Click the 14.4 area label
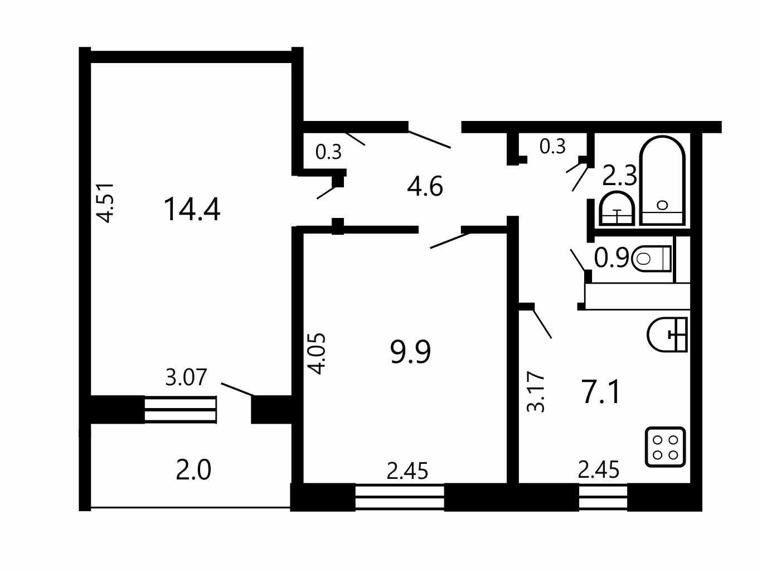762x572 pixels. [192, 209]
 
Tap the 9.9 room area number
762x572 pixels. [410, 352]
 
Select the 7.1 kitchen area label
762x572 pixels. [601, 392]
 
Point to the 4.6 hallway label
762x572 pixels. [425, 186]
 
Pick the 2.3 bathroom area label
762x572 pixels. [620, 176]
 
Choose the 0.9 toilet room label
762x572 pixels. [611, 258]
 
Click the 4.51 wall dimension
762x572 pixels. [105, 203]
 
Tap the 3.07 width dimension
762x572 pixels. [186, 377]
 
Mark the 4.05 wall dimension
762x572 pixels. [317, 353]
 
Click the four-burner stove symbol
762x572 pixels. [665, 447]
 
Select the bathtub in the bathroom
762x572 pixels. [662, 181]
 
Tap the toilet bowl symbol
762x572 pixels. [651, 259]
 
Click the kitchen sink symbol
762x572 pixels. [667, 335]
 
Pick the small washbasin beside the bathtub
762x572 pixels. [617, 209]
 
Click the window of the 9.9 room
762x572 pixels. [400, 497]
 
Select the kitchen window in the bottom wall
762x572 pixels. [603, 497]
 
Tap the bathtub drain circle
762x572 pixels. [663, 205]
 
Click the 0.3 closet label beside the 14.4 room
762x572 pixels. [328, 152]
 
